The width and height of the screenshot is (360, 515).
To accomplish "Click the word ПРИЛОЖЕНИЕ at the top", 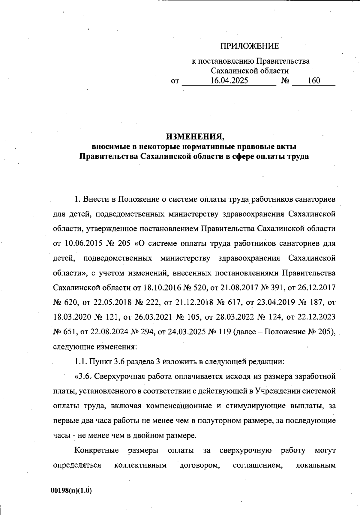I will coord(250,46).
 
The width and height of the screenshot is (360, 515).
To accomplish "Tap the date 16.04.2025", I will coord(229,80).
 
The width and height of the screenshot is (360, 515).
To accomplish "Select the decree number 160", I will coord(314,80).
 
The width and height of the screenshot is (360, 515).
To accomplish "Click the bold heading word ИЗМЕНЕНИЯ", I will coord(195,137).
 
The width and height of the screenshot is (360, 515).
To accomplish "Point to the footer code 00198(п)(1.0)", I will coord(71,490).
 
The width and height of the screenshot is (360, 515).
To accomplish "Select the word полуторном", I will coord(214,420).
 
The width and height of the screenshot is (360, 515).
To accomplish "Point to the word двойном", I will coord(143,435).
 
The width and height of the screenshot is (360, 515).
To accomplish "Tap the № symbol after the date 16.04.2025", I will coord(285,80).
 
